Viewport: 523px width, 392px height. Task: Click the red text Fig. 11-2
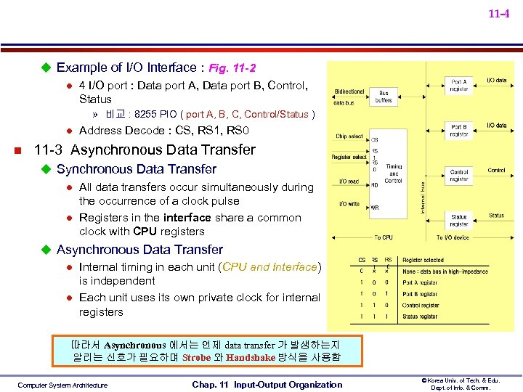[232, 68]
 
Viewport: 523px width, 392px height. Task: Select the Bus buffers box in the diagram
[384, 97]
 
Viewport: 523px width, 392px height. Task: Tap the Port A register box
[459, 85]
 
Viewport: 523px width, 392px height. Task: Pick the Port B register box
[459, 131]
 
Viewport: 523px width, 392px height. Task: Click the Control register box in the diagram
[459, 176]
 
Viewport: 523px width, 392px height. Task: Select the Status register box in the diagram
[459, 220]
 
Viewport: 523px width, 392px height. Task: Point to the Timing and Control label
[394, 173]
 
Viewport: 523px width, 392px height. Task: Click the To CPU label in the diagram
[383, 238]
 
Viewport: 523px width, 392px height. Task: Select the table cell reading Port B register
[420, 294]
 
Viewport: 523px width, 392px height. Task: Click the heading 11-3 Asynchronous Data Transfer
[145, 150]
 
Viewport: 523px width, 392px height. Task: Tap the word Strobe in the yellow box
[196, 357]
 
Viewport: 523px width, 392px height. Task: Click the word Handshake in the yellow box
[251, 357]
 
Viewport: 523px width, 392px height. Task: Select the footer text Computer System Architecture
[62, 385]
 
